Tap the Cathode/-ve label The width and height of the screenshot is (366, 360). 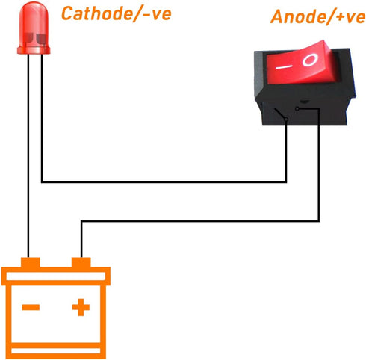click(117, 13)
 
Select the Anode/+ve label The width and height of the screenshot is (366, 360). click(318, 16)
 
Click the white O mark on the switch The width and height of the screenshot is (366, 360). click(310, 60)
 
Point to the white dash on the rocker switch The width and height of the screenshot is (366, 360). click(283, 67)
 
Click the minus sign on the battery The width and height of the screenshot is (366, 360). click(31, 307)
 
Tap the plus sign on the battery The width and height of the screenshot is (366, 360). click(81, 307)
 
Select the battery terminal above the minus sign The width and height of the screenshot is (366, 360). click(31, 262)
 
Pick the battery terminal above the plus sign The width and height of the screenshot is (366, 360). click(81, 262)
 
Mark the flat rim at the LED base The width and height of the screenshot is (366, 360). click(34, 50)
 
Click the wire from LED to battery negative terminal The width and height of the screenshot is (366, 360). click(28, 155)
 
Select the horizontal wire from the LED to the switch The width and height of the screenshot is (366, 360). click(164, 182)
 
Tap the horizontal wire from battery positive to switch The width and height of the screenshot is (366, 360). click(200, 221)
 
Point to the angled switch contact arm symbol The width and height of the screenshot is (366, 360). click(281, 114)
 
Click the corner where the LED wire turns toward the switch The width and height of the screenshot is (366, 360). click(43, 182)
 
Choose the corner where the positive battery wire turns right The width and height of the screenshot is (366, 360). click(81, 221)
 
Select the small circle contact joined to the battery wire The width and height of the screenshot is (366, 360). click(297, 109)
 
